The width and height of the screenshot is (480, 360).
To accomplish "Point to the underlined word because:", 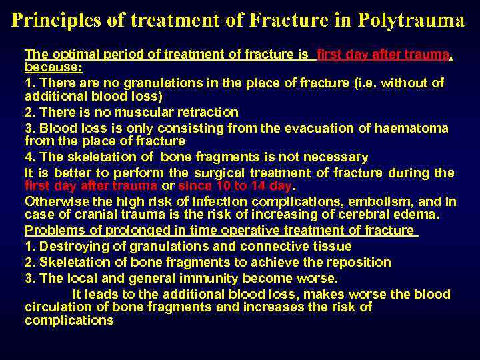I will [53, 67].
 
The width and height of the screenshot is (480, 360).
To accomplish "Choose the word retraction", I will [210, 113].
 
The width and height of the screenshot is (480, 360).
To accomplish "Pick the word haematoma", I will [415, 128].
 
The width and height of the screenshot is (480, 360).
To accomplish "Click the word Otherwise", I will [55, 201].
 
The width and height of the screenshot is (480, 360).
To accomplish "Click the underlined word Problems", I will [51, 230].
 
